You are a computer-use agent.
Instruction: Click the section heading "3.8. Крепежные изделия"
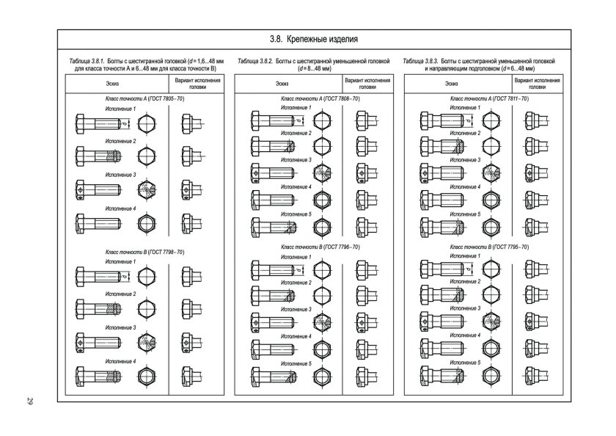314,40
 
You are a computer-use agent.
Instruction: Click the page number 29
30,401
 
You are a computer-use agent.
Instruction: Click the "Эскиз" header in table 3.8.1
112,84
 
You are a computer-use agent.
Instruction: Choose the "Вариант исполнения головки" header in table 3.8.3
537,84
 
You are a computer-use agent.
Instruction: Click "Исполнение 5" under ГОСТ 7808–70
296,214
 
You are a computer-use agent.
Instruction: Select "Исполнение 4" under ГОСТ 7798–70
120,361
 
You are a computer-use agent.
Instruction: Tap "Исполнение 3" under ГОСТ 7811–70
465,160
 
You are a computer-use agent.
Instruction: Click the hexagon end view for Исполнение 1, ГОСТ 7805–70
147,124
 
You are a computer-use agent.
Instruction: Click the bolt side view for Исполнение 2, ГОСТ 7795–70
443,294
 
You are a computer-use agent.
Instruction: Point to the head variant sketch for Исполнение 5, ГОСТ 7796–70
367,377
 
